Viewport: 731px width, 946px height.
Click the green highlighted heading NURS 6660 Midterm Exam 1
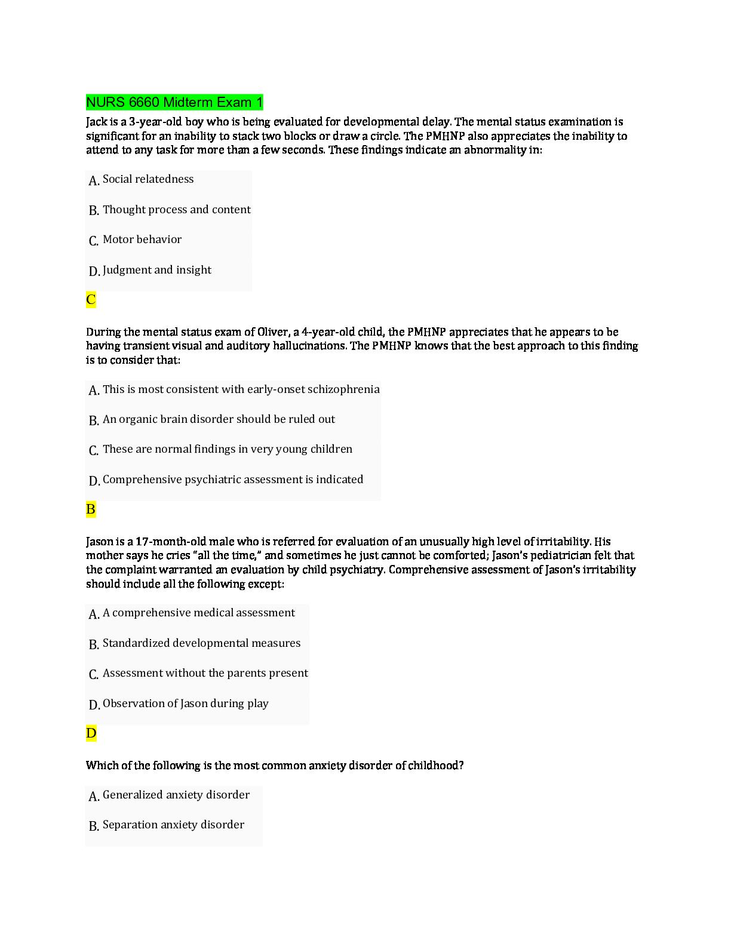pos(174,102)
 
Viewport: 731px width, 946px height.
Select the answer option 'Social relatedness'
pos(148,179)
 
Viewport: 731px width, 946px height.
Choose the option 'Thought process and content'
pos(176,210)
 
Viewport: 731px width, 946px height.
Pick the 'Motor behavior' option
pos(142,239)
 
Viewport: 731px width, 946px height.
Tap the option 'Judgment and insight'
pos(156,270)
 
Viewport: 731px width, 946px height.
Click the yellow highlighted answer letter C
pos(91,300)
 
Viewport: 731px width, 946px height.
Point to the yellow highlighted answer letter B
pos(91,509)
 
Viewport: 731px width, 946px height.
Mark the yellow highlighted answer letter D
pos(91,733)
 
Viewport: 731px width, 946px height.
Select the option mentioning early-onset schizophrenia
pos(241,389)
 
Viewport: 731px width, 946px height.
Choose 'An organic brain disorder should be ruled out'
pos(219,419)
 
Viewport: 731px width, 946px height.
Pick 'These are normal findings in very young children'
pos(227,449)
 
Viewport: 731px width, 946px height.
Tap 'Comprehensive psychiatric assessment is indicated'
pos(232,480)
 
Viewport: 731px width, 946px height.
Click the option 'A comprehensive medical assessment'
pos(198,613)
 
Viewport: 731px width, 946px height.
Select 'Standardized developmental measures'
pos(201,643)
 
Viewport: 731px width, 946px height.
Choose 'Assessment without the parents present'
pos(205,673)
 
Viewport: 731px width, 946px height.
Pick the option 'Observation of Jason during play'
pos(185,704)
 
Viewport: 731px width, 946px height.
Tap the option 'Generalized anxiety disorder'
pos(176,795)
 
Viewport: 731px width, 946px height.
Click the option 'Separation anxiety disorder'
pos(173,825)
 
